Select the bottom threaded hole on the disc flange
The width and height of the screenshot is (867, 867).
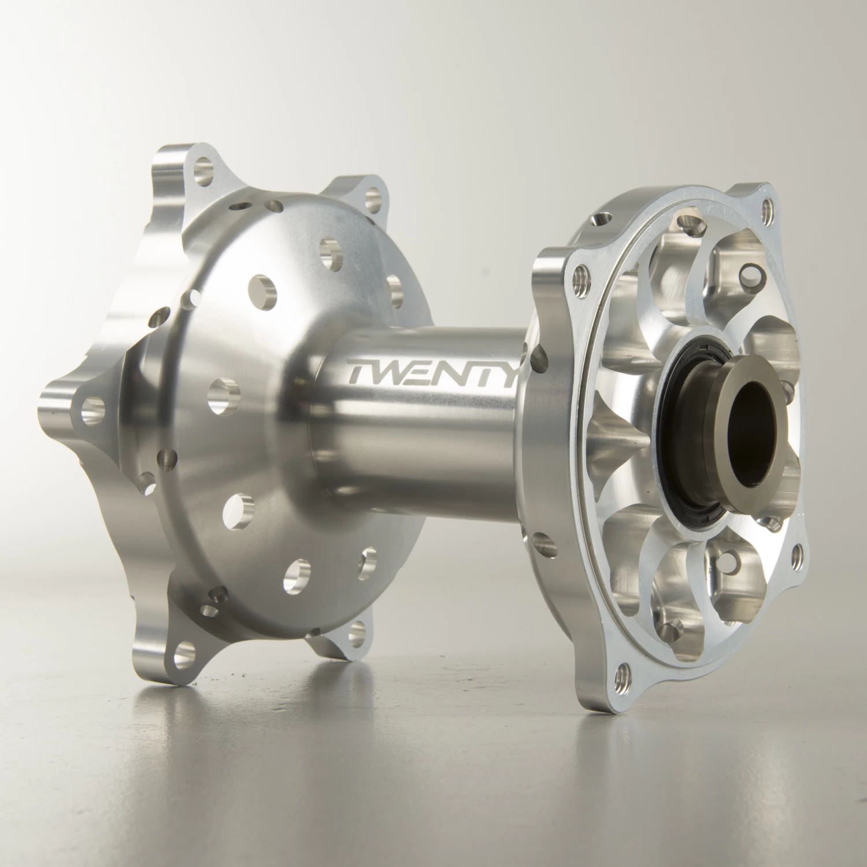623,672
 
